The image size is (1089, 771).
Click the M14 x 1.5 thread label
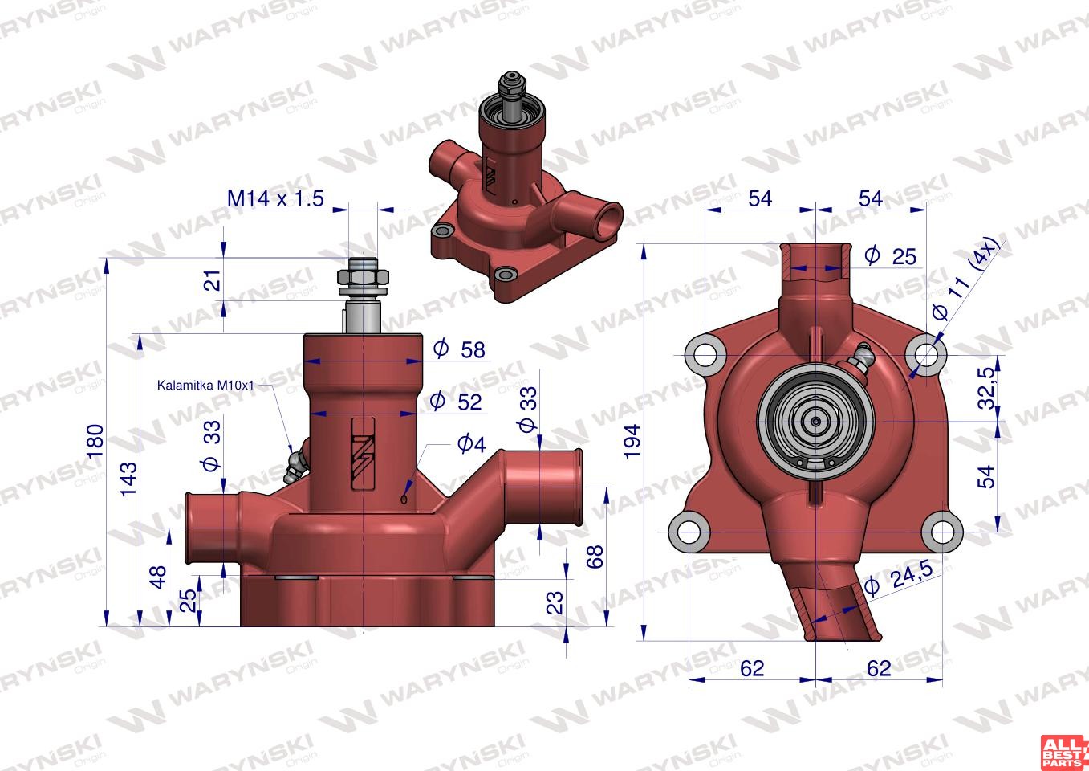[x=275, y=198]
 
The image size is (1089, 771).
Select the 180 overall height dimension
[x=95, y=441]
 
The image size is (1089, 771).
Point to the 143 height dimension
[x=129, y=479]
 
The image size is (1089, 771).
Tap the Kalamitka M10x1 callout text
[x=205, y=385]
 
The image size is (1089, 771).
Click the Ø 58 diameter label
[x=459, y=349]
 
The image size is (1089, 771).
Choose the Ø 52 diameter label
[x=456, y=402]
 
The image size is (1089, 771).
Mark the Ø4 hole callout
[x=471, y=443]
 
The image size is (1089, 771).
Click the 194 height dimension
[x=632, y=442]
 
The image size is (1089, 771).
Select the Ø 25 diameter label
[x=890, y=256]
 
